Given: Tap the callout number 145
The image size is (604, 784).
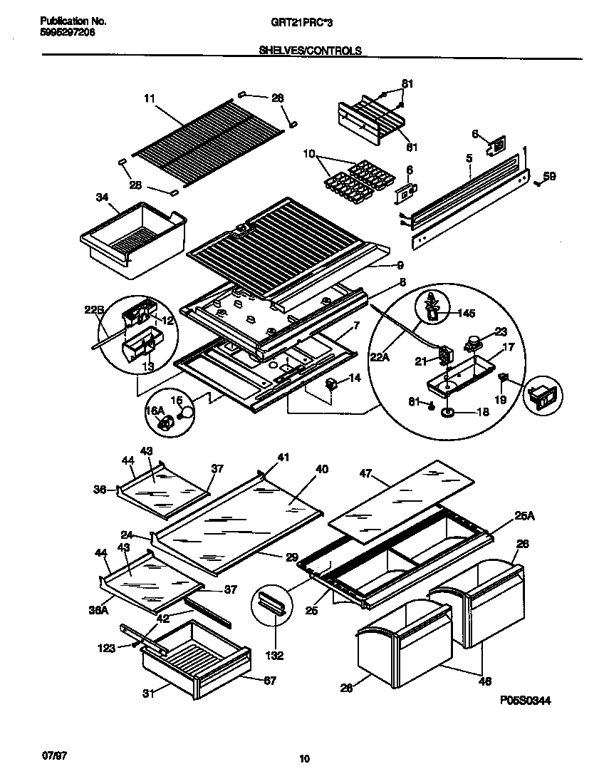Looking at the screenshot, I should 466,314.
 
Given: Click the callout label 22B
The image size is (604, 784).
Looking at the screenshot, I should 95,309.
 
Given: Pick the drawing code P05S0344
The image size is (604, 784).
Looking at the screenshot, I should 525,701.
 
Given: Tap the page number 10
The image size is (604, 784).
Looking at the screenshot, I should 304,760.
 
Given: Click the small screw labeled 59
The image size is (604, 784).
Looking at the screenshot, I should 537,183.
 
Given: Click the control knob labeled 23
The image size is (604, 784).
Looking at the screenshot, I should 471,344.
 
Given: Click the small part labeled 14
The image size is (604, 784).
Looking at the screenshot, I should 330,386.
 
